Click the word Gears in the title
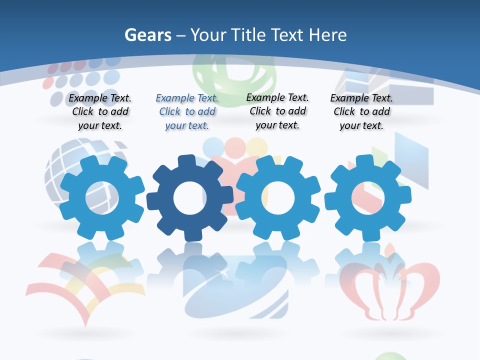(147, 35)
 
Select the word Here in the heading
(327, 35)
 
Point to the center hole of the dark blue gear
(189, 198)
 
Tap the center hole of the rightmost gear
(367, 198)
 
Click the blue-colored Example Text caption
(187, 112)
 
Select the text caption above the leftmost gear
(100, 112)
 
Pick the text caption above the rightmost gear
(361, 112)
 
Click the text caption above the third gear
(277, 111)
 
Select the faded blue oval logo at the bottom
(235, 290)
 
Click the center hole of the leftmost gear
(102, 198)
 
